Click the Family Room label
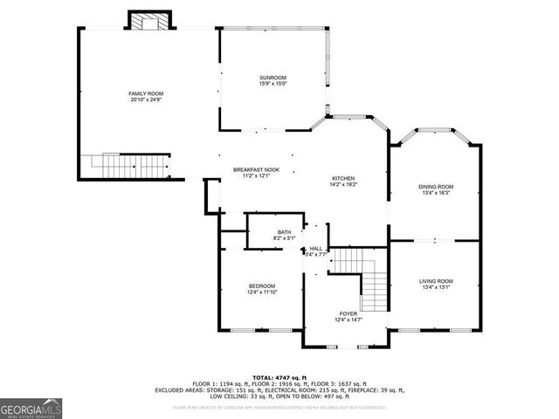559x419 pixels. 146,93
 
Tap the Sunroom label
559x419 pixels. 273,78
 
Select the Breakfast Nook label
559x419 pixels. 255,169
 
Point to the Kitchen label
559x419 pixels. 342,178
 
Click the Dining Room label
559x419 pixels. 436,186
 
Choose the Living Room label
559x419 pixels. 436,281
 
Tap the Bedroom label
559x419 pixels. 262,286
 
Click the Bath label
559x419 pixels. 285,232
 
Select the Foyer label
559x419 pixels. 349,313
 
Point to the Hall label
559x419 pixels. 316,249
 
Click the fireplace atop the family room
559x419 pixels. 146,21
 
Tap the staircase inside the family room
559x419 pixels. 126,164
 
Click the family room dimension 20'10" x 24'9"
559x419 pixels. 146,100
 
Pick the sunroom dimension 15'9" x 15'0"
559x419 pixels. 273,84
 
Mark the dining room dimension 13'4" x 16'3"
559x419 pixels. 436,192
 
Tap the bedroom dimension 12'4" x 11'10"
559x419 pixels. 262,292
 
